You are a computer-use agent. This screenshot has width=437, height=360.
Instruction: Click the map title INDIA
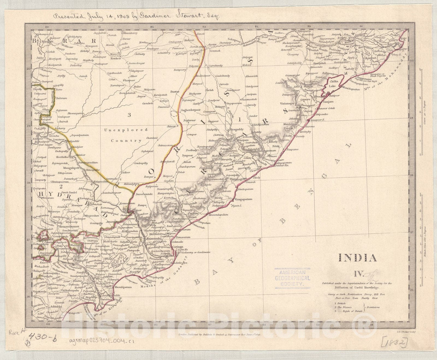click(358, 258)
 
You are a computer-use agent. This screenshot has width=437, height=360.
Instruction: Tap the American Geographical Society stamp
click(293, 278)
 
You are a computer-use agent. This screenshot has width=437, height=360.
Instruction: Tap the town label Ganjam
click(328, 102)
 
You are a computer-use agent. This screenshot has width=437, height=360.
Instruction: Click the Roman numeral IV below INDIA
click(358, 274)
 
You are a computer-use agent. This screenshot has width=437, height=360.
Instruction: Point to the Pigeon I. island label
click(237, 205)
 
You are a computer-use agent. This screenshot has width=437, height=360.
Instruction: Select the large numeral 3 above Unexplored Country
click(129, 115)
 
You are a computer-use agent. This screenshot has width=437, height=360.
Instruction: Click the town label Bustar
click(175, 92)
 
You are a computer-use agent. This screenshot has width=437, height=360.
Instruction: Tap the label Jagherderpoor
click(191, 110)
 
